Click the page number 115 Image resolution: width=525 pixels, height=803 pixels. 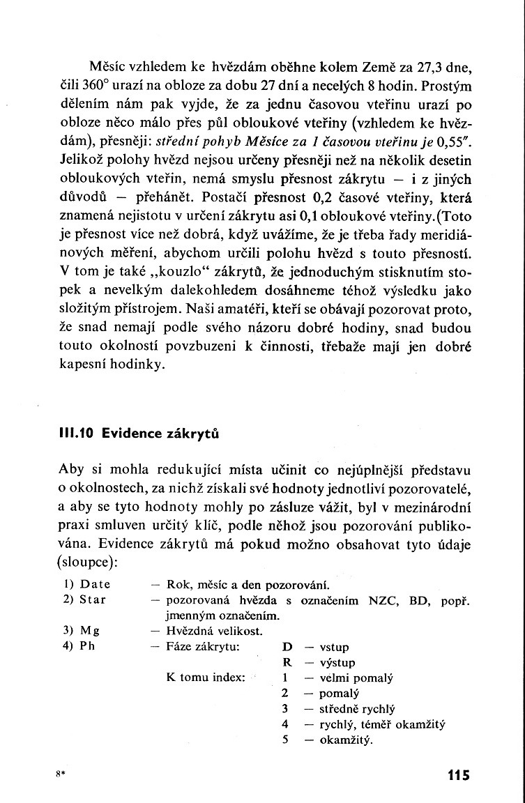coord(455,774)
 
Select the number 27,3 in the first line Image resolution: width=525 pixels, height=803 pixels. coord(425,69)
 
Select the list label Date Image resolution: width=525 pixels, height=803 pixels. coord(96,584)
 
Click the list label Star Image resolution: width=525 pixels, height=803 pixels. coord(93,599)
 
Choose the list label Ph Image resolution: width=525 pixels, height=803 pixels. coord(87,646)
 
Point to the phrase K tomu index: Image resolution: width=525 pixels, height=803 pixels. coord(206,678)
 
